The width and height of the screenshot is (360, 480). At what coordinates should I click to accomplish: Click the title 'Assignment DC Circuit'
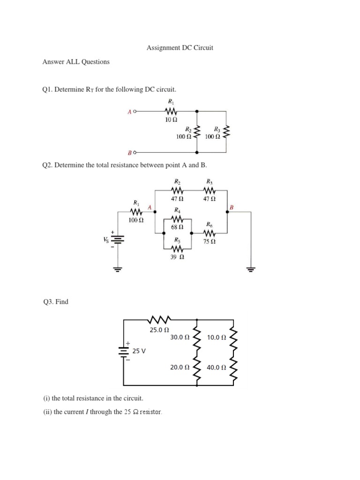pos(180,48)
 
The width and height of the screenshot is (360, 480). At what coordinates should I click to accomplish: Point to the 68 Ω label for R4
pos(177,227)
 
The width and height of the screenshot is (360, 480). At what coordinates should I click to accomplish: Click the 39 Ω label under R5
pos(177,256)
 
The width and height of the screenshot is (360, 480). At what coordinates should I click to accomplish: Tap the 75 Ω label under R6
pos(210,241)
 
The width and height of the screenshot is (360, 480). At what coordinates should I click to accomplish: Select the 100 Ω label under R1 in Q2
pos(136,219)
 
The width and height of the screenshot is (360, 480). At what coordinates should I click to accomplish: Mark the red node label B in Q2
pos(232,207)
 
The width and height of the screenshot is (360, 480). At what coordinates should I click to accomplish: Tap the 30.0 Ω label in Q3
pos(180,337)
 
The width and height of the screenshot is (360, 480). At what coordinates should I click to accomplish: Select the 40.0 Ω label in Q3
pos(216,367)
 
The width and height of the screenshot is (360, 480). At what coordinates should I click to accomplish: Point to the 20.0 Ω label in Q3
pos(180,367)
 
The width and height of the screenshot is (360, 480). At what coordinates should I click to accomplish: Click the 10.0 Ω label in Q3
pos(216,337)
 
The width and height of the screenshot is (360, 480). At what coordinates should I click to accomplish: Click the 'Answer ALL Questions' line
pos(76,61)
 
